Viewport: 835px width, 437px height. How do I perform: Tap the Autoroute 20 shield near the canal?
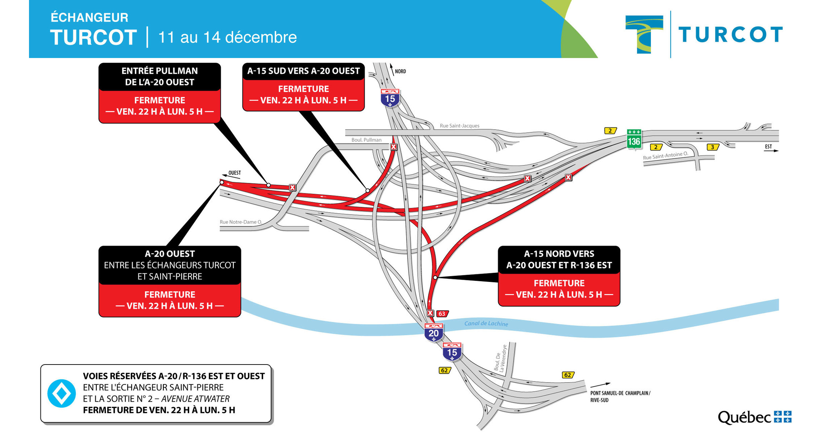tap(433, 333)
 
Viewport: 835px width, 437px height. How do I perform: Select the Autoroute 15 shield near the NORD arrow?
tap(390, 98)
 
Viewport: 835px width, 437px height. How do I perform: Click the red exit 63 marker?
tap(442, 314)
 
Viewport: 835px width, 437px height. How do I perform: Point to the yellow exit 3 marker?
tap(713, 147)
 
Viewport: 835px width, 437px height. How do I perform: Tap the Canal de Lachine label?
tap(486, 324)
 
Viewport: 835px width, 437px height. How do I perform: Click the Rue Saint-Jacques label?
tap(459, 126)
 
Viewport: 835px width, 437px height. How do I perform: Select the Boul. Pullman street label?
tap(366, 140)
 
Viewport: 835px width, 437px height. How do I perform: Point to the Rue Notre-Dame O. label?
tap(241, 222)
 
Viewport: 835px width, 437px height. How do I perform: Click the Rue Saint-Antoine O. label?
tap(665, 156)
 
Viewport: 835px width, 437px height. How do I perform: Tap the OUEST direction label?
tap(234, 173)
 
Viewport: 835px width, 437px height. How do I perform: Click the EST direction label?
tap(768, 147)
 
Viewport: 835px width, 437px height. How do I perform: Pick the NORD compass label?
tap(400, 71)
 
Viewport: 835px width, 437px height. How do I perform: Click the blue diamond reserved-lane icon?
tap(62, 393)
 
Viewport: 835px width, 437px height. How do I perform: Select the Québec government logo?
tap(755, 417)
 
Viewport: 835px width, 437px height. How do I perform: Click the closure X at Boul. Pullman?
tap(394, 147)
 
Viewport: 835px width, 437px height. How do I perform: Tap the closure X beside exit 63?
tap(430, 313)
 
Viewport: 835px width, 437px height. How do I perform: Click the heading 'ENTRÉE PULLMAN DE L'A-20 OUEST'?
tap(159, 76)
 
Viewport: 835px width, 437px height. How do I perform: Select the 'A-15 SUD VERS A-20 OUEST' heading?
tap(303, 71)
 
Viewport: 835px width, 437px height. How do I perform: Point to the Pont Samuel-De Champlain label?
tap(620, 396)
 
